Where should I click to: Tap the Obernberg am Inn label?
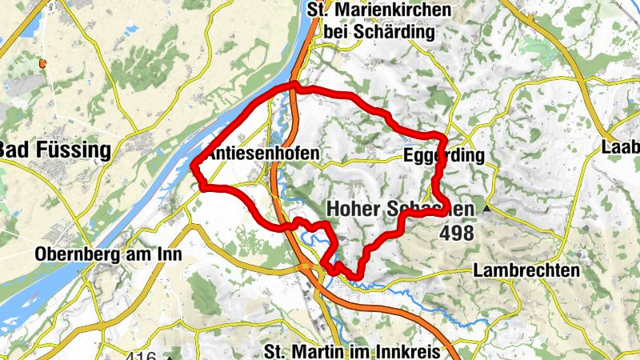(x=109, y=254)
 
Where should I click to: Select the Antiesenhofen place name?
(x=263, y=153)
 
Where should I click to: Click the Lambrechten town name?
(x=526, y=270)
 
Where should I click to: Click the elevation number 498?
(x=456, y=234)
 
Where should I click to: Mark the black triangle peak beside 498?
(x=485, y=210)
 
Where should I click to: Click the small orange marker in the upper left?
(x=42, y=62)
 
